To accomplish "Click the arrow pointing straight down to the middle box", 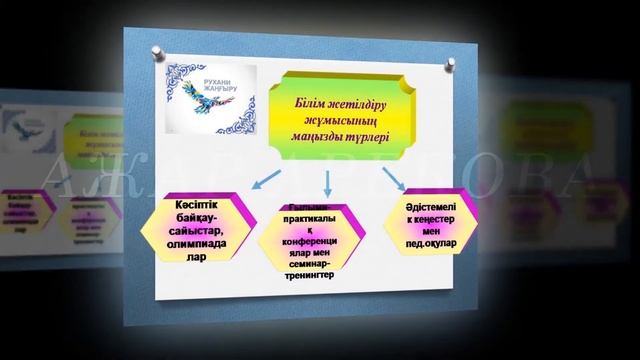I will tap(328, 180).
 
